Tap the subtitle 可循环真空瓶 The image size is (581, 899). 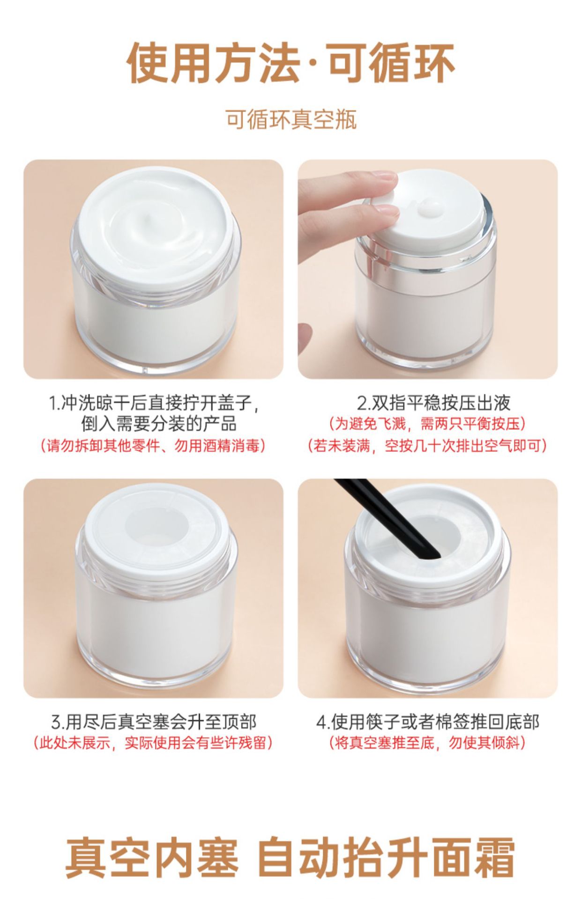[x=291, y=120]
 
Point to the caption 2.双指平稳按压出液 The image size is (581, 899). [x=434, y=403]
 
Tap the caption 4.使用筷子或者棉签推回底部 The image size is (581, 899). [x=428, y=722]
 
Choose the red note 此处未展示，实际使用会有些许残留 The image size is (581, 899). [x=153, y=743]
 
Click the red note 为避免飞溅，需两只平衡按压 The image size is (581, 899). [x=428, y=424]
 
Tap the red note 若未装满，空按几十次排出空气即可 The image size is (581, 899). [x=428, y=445]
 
